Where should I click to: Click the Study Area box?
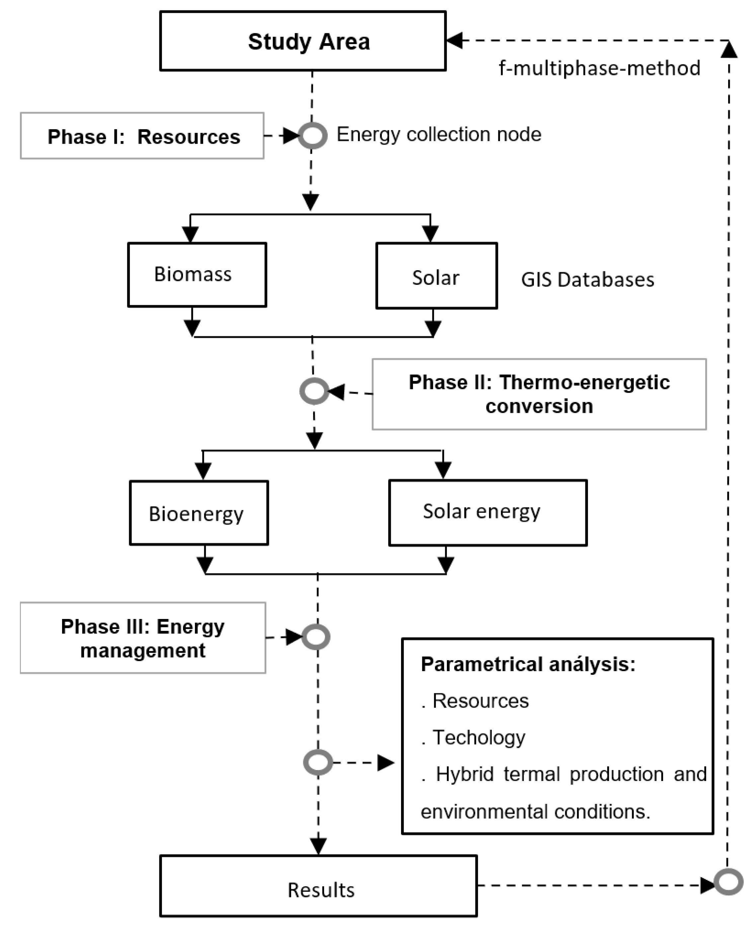[303, 41]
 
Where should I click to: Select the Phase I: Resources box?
[142, 136]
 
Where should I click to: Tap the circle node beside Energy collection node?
[313, 136]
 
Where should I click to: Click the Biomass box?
[197, 275]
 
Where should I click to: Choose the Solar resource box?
[436, 276]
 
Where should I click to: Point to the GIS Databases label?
[587, 279]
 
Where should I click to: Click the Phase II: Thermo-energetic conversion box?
[539, 394]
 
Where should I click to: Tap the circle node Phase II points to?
[314, 391]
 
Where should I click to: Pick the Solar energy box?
[487, 512]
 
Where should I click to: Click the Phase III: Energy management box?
[143, 638]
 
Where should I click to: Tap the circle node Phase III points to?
[316, 637]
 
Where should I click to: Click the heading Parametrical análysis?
[528, 664]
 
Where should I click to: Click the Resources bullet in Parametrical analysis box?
[480, 701]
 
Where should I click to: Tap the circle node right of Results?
[728, 882]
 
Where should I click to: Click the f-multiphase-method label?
[599, 68]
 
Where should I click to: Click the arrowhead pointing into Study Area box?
[455, 40]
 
